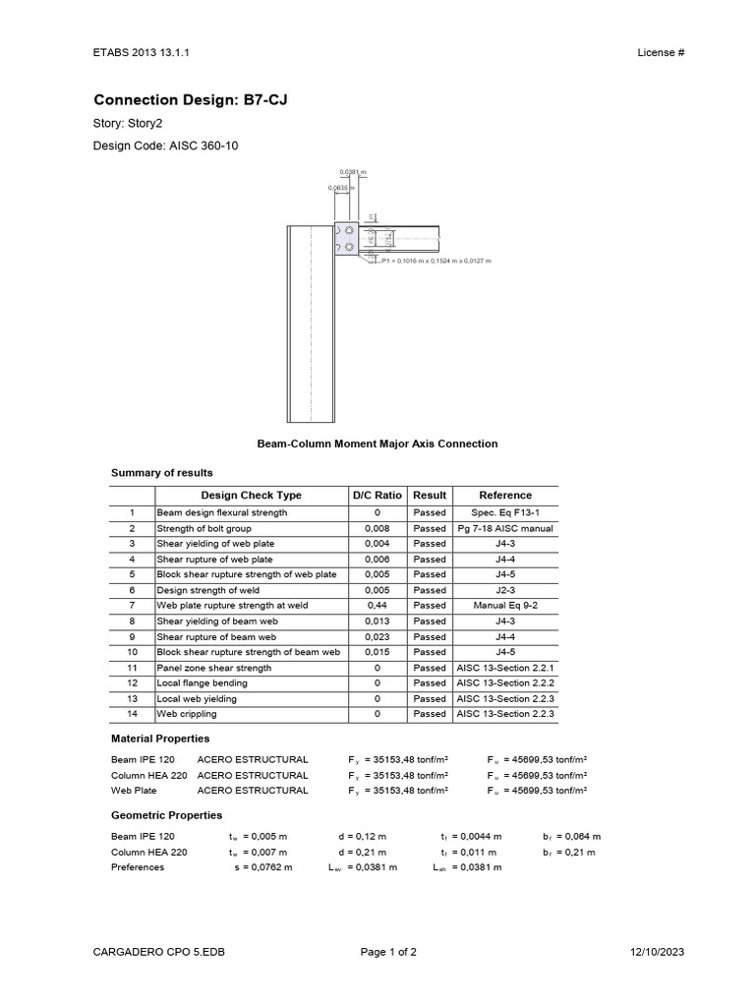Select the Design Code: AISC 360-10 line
[165, 147]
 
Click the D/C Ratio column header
[377, 495]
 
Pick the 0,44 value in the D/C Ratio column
[377, 605]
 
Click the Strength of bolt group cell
[208, 528]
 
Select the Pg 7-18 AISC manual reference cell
[504, 528]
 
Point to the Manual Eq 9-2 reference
[504, 605]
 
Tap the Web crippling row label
[187, 714]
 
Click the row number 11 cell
[131, 667]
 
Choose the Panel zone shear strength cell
[213, 667]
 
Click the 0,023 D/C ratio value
[377, 636]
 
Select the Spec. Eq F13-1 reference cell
[504, 512]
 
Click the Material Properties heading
[160, 738]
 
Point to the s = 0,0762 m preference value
[262, 867]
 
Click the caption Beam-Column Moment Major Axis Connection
[377, 444]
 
